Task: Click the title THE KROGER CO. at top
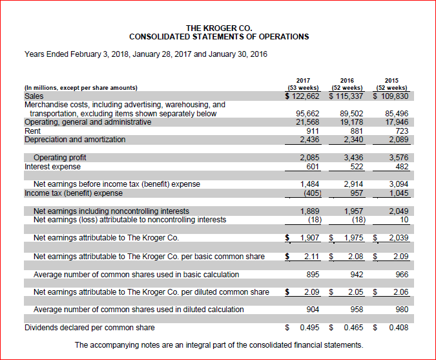click(x=218, y=28)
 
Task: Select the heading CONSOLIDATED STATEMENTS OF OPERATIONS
click(x=218, y=37)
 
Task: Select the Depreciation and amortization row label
click(x=75, y=140)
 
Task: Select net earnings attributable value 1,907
click(x=306, y=238)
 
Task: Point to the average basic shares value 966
click(x=400, y=275)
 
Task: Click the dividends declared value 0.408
click(x=397, y=328)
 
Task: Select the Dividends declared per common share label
click(x=90, y=328)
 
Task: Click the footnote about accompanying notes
click(x=218, y=345)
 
